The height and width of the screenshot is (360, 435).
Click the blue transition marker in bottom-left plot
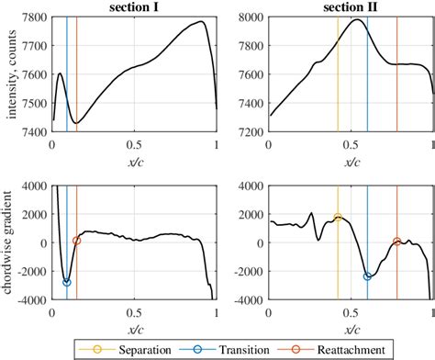point(67,282)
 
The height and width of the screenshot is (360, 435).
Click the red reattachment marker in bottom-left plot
point(77,241)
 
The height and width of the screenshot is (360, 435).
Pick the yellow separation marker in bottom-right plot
point(338,218)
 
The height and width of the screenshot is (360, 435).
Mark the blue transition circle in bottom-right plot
point(368,276)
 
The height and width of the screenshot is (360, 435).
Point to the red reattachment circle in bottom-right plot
point(397,242)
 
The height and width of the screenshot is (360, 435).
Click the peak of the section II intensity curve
point(357,19)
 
